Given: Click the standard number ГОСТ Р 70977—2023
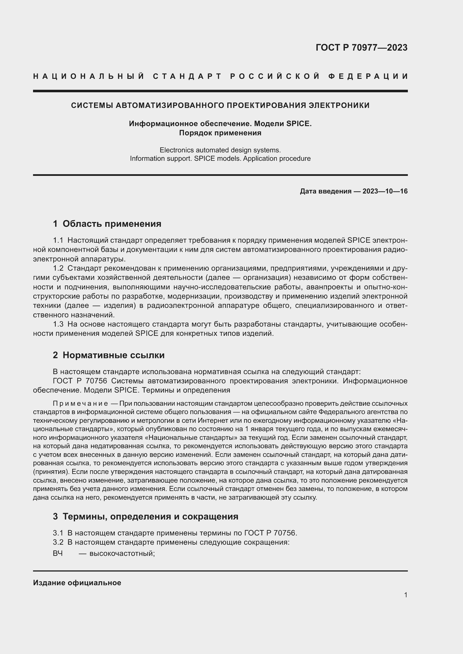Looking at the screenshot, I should click(361, 48).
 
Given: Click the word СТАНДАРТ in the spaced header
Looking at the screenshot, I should click(187, 76).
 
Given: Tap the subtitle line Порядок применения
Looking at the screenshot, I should click(220, 133).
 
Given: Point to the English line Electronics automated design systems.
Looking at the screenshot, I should click(220, 150).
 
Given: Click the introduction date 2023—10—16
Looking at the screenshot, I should click(385, 191).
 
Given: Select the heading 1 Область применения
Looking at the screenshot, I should click(107, 224).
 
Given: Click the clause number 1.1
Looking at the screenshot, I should click(58, 240).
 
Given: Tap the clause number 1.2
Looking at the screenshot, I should click(58, 268).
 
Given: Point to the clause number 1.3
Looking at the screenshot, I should click(58, 324).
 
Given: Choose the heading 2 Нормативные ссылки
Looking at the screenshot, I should click(109, 355).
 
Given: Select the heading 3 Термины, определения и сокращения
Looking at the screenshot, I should click(145, 516).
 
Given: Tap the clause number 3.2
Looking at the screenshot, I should click(58, 542).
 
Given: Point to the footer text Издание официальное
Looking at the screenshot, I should click(77, 583).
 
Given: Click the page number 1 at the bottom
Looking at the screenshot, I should click(406, 595).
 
